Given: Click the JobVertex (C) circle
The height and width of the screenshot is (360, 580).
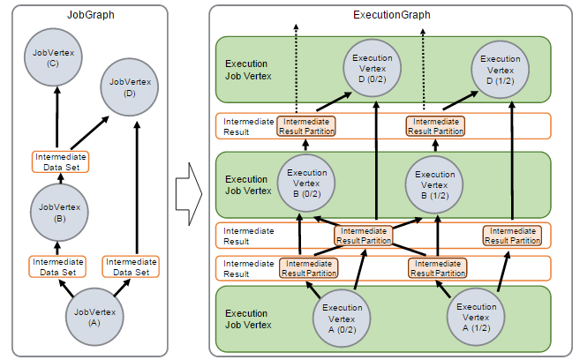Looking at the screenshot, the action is pos(53,57).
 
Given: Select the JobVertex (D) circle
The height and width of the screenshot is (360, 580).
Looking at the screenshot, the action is pos(130,86).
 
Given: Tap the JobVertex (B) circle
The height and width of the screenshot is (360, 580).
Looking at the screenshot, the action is pos(59,212).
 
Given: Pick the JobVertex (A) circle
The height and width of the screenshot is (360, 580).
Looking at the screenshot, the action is pos(94,317).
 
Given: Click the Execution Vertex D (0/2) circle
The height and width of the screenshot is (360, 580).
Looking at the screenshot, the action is pos(373,68).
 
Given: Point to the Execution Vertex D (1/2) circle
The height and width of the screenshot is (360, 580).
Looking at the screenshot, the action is pos(500,70).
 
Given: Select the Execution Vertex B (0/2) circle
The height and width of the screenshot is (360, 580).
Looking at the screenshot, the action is pos(306,183).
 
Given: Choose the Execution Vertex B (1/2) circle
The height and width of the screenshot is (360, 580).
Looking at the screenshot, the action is pos(434,184).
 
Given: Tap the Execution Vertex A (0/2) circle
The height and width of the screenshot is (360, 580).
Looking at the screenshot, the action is pos(342,318).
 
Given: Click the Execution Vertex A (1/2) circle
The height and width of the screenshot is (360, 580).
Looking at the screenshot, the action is pos(476,317).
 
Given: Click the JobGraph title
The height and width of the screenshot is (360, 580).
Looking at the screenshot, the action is pos(91,15).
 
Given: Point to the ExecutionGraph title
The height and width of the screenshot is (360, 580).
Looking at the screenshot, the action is pos(392,15).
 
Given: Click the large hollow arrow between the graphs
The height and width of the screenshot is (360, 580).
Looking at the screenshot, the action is pos(189,193).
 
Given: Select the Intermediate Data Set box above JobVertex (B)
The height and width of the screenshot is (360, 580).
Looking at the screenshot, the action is pos(61,161).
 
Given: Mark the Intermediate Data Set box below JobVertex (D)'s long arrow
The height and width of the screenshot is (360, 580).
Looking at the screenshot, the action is pos(131,266).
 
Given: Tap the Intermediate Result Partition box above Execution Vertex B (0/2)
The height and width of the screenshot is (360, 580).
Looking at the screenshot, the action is pos(306,126).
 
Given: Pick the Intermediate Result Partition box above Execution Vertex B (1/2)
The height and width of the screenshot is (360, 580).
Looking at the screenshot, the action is pos(435,126).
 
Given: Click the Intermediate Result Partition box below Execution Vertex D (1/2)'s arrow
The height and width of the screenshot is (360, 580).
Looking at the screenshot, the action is pos(512,236).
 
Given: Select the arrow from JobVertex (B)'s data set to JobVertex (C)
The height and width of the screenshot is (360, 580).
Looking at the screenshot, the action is pos(57,117).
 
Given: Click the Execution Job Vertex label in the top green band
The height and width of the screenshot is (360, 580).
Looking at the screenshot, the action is pos(248,70).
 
